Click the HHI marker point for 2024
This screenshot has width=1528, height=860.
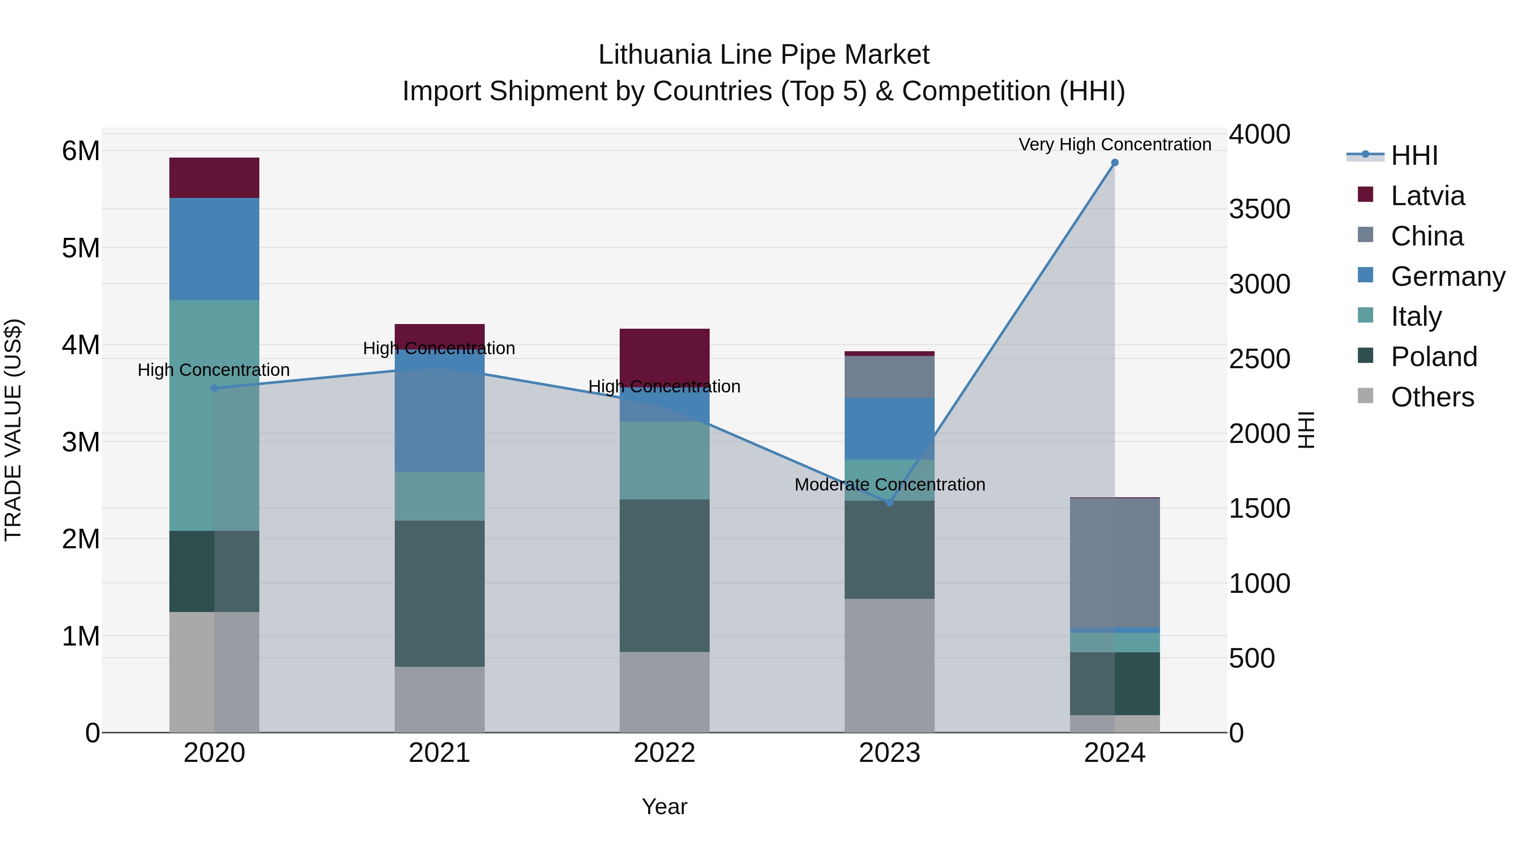[x=1115, y=163]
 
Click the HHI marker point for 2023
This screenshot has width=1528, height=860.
[x=889, y=503]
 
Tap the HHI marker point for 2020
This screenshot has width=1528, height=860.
[x=215, y=388]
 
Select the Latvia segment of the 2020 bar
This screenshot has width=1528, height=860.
[x=214, y=178]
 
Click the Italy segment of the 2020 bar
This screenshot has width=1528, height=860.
[x=214, y=415]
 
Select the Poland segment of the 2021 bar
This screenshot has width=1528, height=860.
[x=440, y=594]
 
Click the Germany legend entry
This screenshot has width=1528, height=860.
[x=1447, y=276]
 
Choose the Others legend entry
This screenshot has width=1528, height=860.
[x=1432, y=397]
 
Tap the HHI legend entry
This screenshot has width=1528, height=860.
[x=1414, y=155]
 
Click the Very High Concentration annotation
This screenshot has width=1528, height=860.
[x=1115, y=144]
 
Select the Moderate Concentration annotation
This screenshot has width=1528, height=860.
[x=889, y=484]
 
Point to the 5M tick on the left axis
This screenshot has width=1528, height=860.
[x=81, y=248]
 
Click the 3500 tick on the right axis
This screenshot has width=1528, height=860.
[x=1259, y=209]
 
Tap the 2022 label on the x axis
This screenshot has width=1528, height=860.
[x=664, y=753]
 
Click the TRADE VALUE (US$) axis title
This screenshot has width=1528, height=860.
[x=13, y=430]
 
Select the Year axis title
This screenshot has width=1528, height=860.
[x=664, y=806]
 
